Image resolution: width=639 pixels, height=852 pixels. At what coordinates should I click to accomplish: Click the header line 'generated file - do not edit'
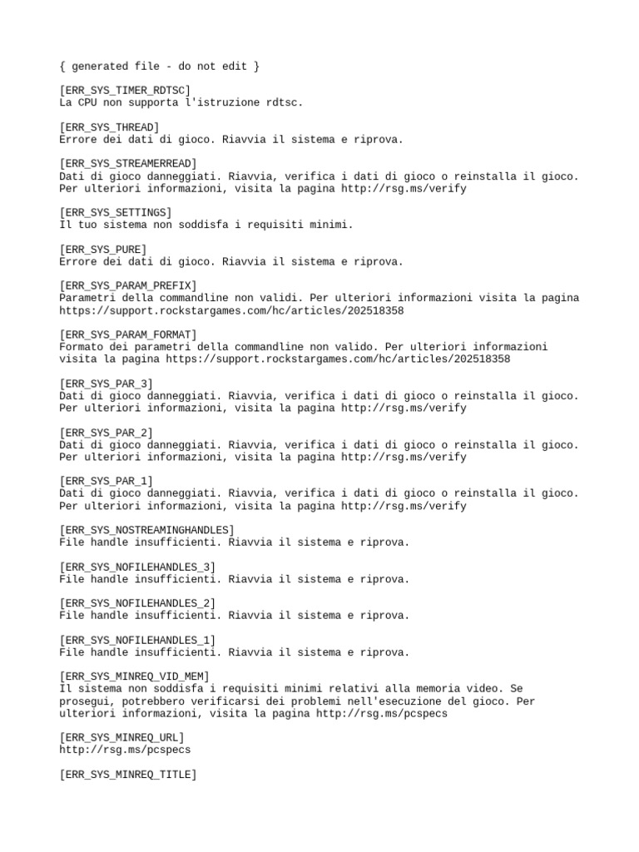pyautogui.click(x=159, y=66)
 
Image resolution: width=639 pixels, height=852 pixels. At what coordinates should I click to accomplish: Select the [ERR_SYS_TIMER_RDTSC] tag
pyautogui.click(x=125, y=90)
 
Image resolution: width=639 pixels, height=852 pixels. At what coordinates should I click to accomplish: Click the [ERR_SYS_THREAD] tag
pyautogui.click(x=109, y=127)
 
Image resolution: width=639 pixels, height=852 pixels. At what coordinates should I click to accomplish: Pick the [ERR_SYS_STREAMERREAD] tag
pyautogui.click(x=128, y=164)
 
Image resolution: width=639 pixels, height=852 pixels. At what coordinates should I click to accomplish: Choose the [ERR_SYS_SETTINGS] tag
pyautogui.click(x=116, y=212)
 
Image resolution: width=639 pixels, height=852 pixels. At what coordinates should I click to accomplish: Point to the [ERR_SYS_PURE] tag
pyautogui.click(x=103, y=249)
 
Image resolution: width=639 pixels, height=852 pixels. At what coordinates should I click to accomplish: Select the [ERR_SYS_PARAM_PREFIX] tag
pyautogui.click(x=128, y=285)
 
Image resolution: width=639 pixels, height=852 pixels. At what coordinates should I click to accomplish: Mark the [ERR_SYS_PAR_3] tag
pyautogui.click(x=106, y=384)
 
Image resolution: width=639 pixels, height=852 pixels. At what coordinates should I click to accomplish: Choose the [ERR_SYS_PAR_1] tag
pyautogui.click(x=106, y=482)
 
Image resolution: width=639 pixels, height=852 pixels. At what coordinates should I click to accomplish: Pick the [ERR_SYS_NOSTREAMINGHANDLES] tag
pyautogui.click(x=146, y=530)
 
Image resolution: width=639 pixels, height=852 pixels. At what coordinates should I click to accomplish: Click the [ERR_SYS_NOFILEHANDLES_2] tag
pyautogui.click(x=137, y=603)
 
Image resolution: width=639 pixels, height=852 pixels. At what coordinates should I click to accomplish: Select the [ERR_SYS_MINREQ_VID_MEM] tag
pyautogui.click(x=134, y=676)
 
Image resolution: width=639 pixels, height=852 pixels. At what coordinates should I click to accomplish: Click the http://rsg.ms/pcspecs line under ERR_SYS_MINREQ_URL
pyautogui.click(x=125, y=750)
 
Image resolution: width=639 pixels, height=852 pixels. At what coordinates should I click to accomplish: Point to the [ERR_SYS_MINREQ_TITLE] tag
pyautogui.click(x=128, y=775)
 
